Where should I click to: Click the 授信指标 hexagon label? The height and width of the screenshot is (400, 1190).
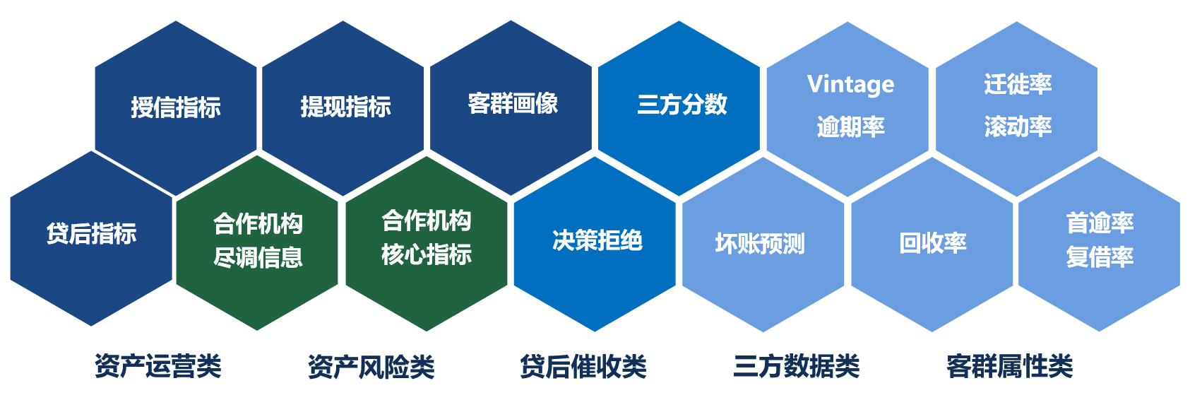click(176, 107)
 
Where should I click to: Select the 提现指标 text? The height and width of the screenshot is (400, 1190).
click(346, 107)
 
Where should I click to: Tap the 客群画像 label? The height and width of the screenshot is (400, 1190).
click(513, 103)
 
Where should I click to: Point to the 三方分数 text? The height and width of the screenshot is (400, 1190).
click(682, 104)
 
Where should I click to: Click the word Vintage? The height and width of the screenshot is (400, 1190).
click(850, 85)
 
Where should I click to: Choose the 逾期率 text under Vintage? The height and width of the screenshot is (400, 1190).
click(850, 127)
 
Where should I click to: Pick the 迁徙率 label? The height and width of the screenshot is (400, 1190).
click(1018, 84)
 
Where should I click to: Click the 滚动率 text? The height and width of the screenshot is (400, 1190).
click(1018, 127)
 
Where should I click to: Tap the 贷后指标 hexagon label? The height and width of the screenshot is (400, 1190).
click(91, 233)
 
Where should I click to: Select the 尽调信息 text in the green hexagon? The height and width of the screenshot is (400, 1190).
click(258, 258)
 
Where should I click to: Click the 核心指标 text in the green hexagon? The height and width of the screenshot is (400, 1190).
click(427, 254)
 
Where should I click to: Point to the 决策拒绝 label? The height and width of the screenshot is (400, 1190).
click(597, 240)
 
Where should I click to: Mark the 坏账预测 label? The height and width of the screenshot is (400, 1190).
click(760, 244)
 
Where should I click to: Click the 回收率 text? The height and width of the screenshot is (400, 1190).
click(933, 243)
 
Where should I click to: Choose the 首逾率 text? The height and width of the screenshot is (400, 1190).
click(1100, 223)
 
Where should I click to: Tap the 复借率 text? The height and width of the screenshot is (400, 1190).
click(1100, 257)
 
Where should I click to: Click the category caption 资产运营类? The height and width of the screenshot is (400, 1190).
click(158, 367)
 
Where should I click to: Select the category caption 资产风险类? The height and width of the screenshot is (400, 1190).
click(371, 367)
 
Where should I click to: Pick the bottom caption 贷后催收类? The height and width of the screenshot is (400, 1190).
click(583, 367)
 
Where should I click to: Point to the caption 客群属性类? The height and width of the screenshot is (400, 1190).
click(1010, 367)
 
